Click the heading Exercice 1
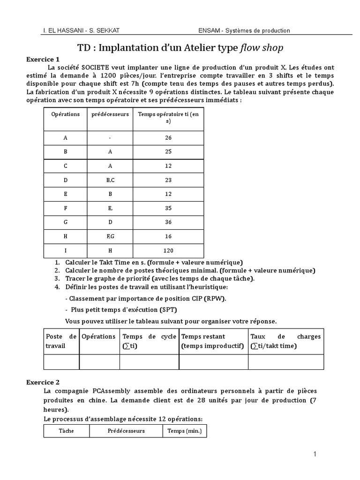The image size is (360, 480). coord(43,60)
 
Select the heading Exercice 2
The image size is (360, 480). coord(43,382)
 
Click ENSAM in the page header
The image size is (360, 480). coord(210,30)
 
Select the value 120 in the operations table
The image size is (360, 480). coord(168,251)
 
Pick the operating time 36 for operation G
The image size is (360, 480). coord(168,222)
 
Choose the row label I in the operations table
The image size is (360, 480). coord(65,251)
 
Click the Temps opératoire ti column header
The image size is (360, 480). coord(168,117)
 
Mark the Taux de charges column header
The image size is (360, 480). coord(285,341)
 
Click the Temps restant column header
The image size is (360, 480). coord(213,341)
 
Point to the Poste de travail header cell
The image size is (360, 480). coord(61,341)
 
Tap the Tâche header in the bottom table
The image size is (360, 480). coord(67,431)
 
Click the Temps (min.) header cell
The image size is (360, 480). coord(184,431)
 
